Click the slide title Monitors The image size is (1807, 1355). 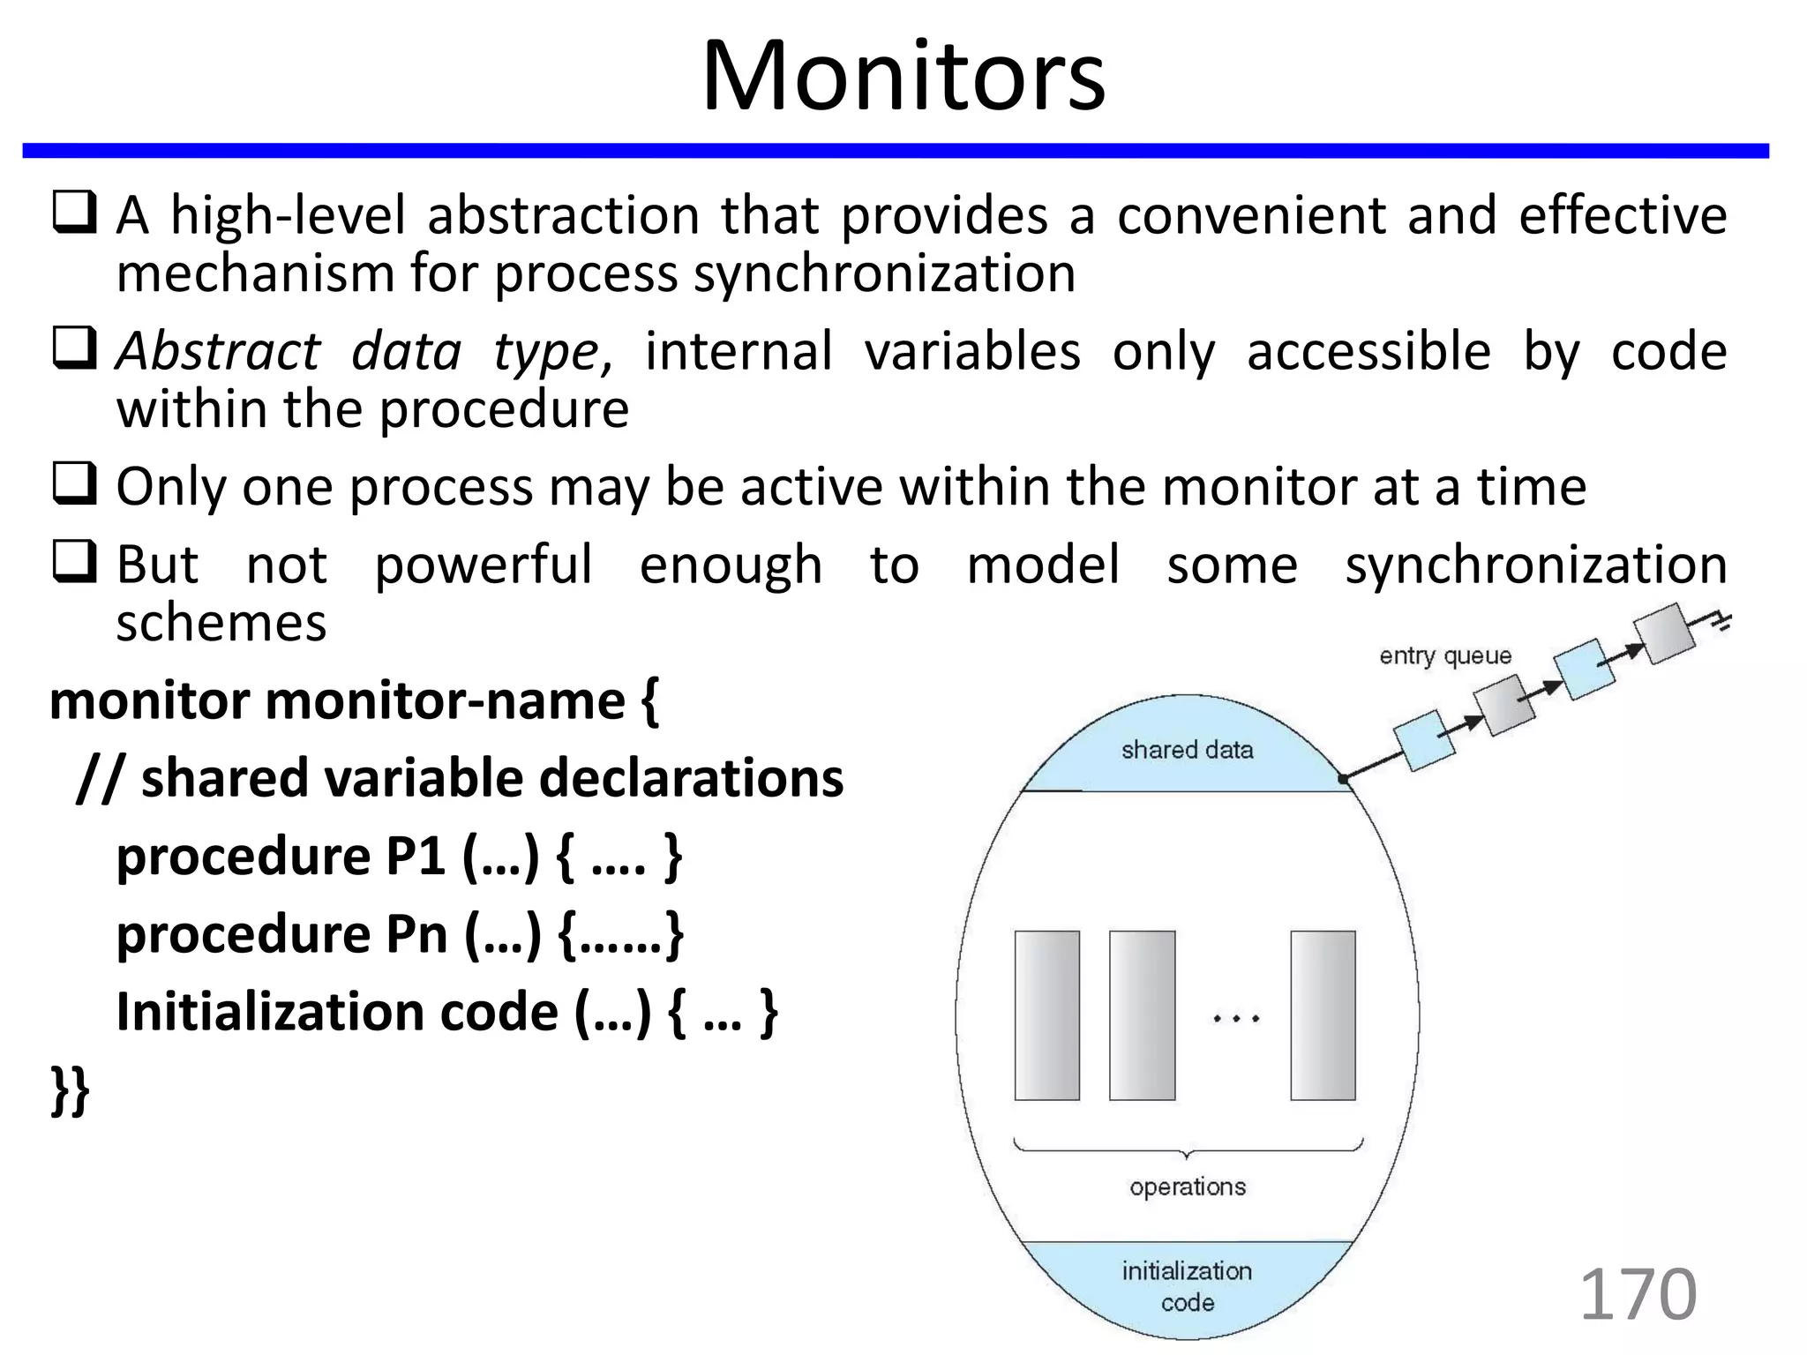pyautogui.click(x=903, y=78)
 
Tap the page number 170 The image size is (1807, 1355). pyautogui.click(x=1637, y=1294)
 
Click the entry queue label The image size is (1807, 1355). pyautogui.click(x=1445, y=655)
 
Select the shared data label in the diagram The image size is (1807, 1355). pyautogui.click(x=1187, y=750)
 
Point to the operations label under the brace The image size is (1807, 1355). pyautogui.click(x=1187, y=1187)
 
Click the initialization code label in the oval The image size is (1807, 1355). pyautogui.click(x=1187, y=1286)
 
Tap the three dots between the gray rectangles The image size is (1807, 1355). pyautogui.click(x=1235, y=1018)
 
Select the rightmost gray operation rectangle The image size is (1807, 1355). pyautogui.click(x=1322, y=1014)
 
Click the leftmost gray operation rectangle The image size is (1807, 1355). pyautogui.click(x=1046, y=1014)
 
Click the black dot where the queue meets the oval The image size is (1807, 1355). pyautogui.click(x=1343, y=779)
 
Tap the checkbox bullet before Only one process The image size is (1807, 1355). pyautogui.click(x=74, y=484)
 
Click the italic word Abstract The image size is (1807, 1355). pyautogui.click(x=218, y=351)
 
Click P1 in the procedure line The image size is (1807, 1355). pyautogui.click(x=416, y=856)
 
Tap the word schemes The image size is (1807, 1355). pyautogui.click(x=221, y=623)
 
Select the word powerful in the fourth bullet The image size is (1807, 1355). pyautogui.click(x=483, y=565)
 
